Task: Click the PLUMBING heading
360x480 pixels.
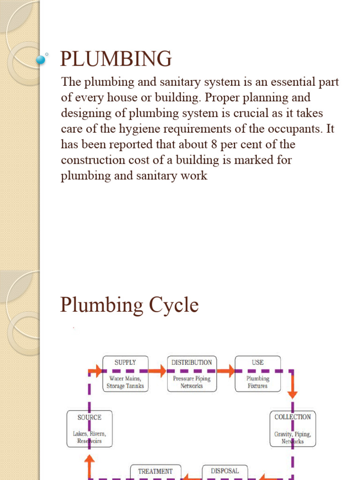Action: pos(116,59)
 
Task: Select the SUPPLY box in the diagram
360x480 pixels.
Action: pos(125,373)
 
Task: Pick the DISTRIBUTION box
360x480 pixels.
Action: pos(191,373)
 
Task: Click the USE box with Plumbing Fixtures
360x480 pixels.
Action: pos(257,373)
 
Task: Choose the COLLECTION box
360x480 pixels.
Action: pos(292,428)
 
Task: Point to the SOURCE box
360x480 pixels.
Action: pos(90,428)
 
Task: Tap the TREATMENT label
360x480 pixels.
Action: pos(155,471)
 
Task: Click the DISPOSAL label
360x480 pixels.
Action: pos(225,471)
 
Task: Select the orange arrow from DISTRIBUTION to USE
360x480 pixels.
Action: pos(226,371)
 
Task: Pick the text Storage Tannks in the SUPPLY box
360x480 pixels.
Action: pos(125,386)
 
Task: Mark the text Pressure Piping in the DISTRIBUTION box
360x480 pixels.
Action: pos(191,378)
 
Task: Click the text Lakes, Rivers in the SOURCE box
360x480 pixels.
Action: pos(90,434)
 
